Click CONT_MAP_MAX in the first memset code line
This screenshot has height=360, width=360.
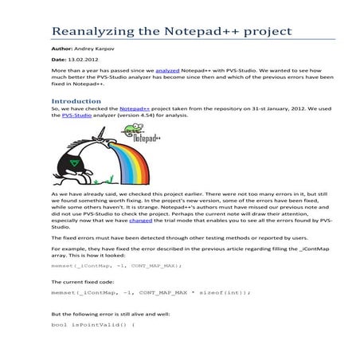coord(148,265)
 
